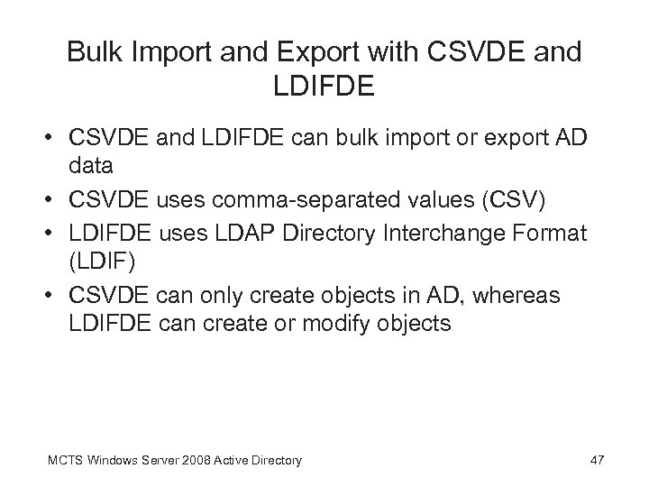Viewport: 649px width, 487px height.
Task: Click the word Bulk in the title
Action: tap(96, 53)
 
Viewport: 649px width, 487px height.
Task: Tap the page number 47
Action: tap(597, 461)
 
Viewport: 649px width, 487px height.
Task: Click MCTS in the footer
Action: tap(62, 461)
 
